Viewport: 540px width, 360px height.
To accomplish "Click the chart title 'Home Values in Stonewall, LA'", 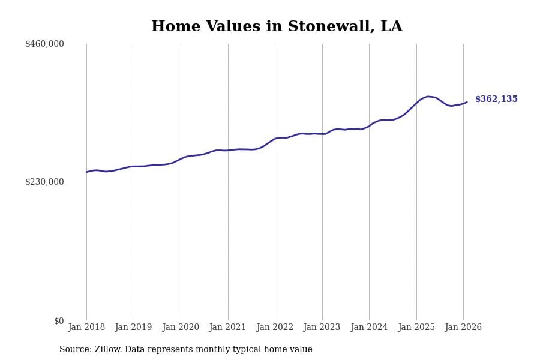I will (277, 27).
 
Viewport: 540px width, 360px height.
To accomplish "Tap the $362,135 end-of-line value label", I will (496, 100).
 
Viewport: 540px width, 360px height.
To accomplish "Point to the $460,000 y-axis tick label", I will (44, 44).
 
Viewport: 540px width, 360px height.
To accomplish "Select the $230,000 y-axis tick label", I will (44, 182).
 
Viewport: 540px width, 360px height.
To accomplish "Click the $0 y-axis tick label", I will (59, 321).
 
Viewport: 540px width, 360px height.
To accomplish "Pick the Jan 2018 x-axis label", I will (86, 328).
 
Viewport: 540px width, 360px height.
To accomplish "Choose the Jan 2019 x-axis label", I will (133, 328).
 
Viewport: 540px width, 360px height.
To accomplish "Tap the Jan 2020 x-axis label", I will (181, 328).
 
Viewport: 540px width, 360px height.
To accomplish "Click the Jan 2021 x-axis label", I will (227, 328).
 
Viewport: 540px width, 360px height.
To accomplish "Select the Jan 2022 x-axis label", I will (275, 328).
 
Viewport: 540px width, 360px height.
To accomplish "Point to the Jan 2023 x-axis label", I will (322, 328).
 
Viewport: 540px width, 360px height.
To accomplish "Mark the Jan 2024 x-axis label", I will (369, 328).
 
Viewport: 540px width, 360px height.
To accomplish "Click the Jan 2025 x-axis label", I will (416, 328).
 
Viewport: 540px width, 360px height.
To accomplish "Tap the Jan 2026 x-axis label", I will (463, 328).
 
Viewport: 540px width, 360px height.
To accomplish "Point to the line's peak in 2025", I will (428, 96).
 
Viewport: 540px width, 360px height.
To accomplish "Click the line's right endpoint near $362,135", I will (467, 102).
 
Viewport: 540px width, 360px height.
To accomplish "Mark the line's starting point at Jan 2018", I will (86, 172).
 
